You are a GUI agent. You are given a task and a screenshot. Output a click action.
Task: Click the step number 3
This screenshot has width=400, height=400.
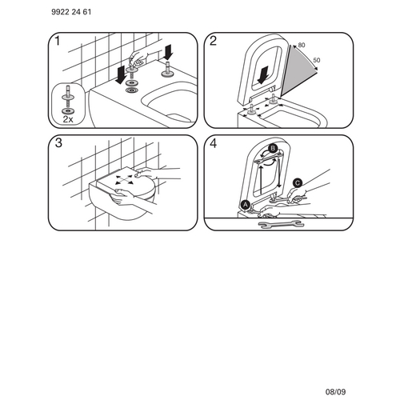(x=55, y=145)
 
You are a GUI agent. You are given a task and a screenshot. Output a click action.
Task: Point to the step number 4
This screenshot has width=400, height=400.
(x=213, y=145)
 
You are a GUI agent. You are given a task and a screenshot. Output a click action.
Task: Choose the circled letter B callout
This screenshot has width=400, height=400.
(x=272, y=148)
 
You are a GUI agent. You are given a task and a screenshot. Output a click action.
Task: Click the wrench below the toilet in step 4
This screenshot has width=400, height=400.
(x=274, y=226)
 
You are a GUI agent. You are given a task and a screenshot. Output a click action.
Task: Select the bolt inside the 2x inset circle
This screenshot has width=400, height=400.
(x=66, y=95)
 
